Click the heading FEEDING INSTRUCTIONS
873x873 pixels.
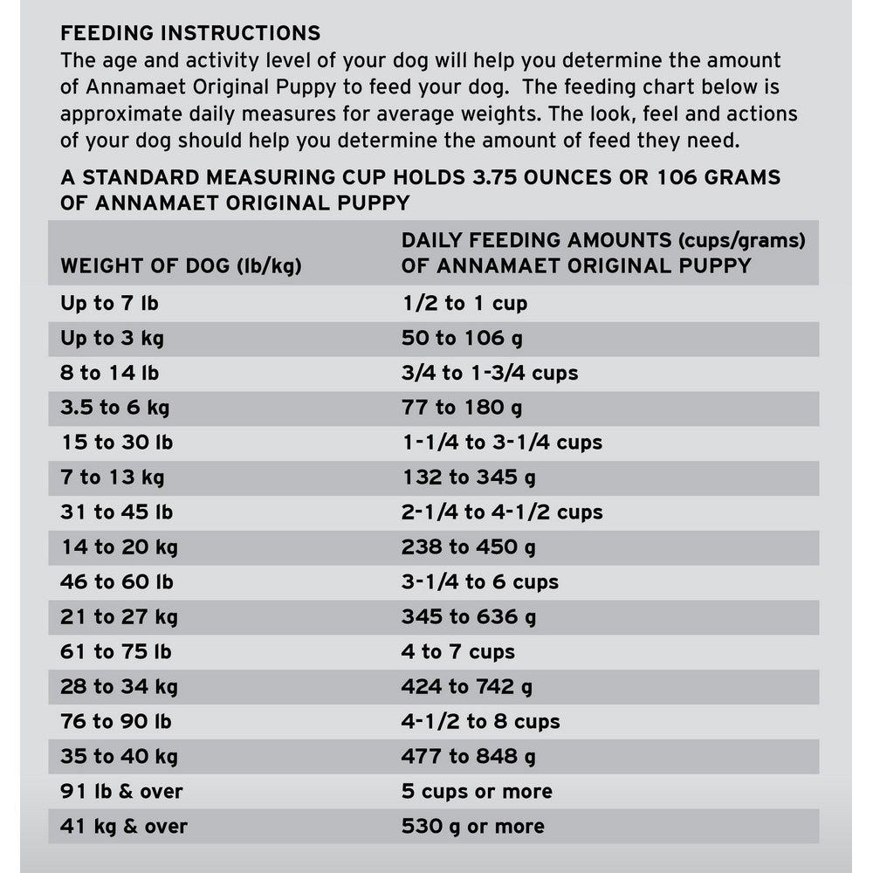point(190,34)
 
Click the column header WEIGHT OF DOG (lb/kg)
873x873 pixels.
point(181,266)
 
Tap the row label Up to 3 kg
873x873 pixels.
point(110,338)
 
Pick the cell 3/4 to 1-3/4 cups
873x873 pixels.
point(490,373)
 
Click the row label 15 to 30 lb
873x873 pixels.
point(116,443)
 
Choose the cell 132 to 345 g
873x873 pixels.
point(469,478)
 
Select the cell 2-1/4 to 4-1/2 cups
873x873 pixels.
point(502,512)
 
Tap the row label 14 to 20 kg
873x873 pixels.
point(119,547)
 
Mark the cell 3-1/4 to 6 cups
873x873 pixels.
point(480,582)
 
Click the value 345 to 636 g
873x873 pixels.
point(469,617)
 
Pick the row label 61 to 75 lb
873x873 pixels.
point(116,652)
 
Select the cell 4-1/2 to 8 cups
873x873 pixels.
point(481,722)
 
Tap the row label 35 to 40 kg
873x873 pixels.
point(119,757)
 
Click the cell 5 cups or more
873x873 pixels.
point(477,792)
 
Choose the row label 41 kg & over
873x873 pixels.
point(124,827)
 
